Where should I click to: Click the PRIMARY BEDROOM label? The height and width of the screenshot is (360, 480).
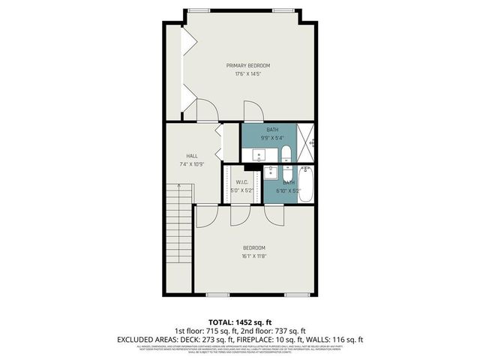coord(248,66)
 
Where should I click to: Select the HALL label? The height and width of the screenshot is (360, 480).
coord(181,155)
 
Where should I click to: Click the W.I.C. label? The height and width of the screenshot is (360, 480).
coord(241,182)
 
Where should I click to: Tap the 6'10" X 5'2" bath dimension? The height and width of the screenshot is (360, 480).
coord(289,191)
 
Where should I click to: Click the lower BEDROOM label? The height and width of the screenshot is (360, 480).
coord(253,247)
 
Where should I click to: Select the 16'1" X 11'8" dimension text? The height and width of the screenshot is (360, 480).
coord(253,256)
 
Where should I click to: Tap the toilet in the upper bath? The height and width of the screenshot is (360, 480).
coord(286,154)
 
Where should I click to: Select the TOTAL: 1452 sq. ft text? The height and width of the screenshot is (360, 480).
coord(240,320)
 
